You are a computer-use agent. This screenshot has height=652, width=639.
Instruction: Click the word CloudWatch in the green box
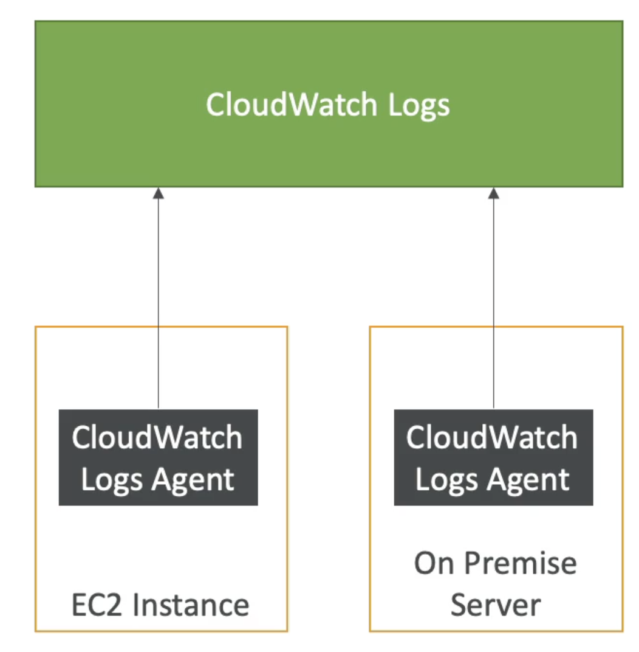[x=292, y=104]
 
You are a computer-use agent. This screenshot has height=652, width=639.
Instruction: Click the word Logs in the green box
[x=419, y=106]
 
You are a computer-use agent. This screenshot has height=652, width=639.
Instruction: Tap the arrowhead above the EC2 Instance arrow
[x=158, y=193]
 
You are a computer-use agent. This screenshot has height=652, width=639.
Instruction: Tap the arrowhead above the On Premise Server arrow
[x=494, y=193]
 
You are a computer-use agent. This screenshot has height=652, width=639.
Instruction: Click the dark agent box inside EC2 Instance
[x=158, y=457]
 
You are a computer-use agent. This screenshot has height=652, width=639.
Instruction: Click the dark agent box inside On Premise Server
[x=494, y=457]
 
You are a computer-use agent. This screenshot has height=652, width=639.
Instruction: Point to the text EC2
[x=97, y=605]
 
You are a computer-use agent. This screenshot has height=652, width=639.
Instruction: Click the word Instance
[x=191, y=605]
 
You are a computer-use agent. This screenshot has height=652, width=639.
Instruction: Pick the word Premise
[x=521, y=563]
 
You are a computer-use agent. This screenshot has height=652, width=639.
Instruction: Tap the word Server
[x=496, y=605]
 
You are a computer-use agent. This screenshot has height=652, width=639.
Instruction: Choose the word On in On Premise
[x=434, y=563]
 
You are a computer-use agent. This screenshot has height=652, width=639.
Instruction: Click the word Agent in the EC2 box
[x=193, y=480]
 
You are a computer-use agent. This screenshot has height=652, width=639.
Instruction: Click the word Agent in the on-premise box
[x=528, y=480]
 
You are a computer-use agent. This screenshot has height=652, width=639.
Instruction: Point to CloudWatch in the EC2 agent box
[x=157, y=437]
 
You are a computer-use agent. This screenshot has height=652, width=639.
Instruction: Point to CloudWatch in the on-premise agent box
[x=492, y=437]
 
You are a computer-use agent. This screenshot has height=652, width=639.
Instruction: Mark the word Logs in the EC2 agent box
[x=112, y=480]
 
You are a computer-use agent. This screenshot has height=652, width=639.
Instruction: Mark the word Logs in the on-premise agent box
[x=447, y=480]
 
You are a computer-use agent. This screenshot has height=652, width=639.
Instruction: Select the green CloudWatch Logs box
[x=329, y=104]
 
